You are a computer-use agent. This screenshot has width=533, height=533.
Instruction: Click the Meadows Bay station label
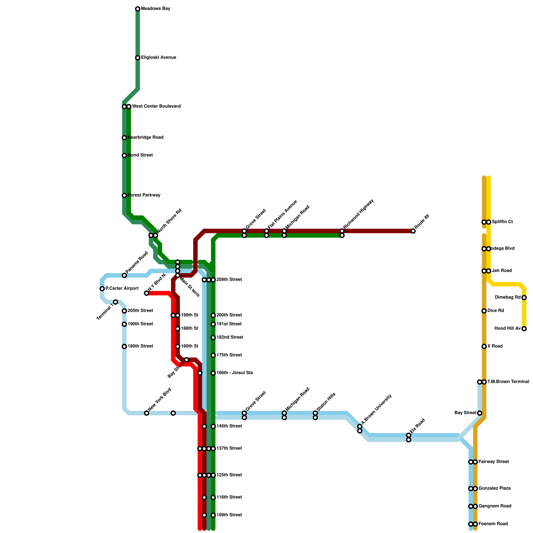point(156,9)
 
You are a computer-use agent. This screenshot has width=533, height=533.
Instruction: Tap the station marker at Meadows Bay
point(138,9)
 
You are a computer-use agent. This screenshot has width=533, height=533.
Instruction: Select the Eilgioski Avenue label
point(159,58)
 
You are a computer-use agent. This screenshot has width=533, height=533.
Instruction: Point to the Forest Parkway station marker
point(124,196)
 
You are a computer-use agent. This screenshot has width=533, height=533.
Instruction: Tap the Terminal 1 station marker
point(115,302)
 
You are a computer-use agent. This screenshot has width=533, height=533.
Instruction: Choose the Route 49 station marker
point(413,231)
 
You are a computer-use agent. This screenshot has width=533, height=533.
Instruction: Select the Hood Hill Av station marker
point(524,329)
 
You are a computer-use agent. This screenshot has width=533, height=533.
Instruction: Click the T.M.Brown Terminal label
point(508,382)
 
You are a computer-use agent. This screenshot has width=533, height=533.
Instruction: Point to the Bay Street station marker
point(479,413)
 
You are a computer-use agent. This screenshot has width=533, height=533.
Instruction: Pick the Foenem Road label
point(493,524)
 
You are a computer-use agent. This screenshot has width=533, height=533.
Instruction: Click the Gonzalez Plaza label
point(495,488)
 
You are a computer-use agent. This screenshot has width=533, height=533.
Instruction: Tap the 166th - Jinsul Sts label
point(235,373)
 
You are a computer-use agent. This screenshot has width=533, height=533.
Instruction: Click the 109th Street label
point(229,515)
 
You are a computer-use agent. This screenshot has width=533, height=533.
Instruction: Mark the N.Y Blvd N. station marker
point(147,293)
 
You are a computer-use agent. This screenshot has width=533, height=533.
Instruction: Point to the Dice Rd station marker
point(484,311)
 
